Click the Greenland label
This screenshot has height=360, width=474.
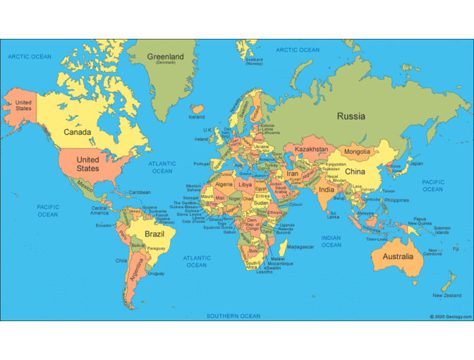click(166, 57)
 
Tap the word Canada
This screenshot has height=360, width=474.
click(77, 132)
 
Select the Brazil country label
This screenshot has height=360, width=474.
click(154, 233)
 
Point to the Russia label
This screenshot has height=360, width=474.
click(351, 116)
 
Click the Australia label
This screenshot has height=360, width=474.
click(398, 256)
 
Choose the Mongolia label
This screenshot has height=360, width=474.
click(357, 152)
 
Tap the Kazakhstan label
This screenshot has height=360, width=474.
click(311, 150)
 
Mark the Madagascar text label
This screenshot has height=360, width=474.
click(300, 247)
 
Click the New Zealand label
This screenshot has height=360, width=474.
click(447, 295)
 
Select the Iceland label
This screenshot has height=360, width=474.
click(196, 117)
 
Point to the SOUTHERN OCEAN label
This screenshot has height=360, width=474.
click(233, 316)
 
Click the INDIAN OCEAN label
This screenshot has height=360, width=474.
click(331, 241)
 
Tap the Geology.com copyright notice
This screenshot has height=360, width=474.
click(451, 317)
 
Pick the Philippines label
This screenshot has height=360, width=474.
click(396, 200)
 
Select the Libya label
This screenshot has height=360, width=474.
click(245, 184)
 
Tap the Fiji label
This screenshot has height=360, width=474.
click(456, 248)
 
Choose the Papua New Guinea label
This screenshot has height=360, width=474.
click(420, 221)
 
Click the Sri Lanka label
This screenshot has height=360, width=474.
click(334, 215)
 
